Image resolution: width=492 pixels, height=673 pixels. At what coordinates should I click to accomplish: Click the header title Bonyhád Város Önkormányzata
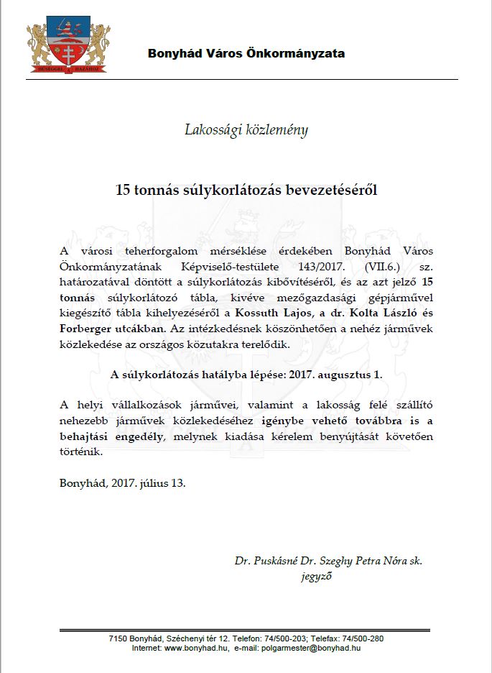[x=246, y=53]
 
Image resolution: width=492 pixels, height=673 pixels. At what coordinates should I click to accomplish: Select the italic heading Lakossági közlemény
[x=246, y=130]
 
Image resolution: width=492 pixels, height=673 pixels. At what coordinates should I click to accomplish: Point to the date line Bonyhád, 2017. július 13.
[x=122, y=482]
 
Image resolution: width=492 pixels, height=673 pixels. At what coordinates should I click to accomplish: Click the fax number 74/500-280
[x=366, y=638]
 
